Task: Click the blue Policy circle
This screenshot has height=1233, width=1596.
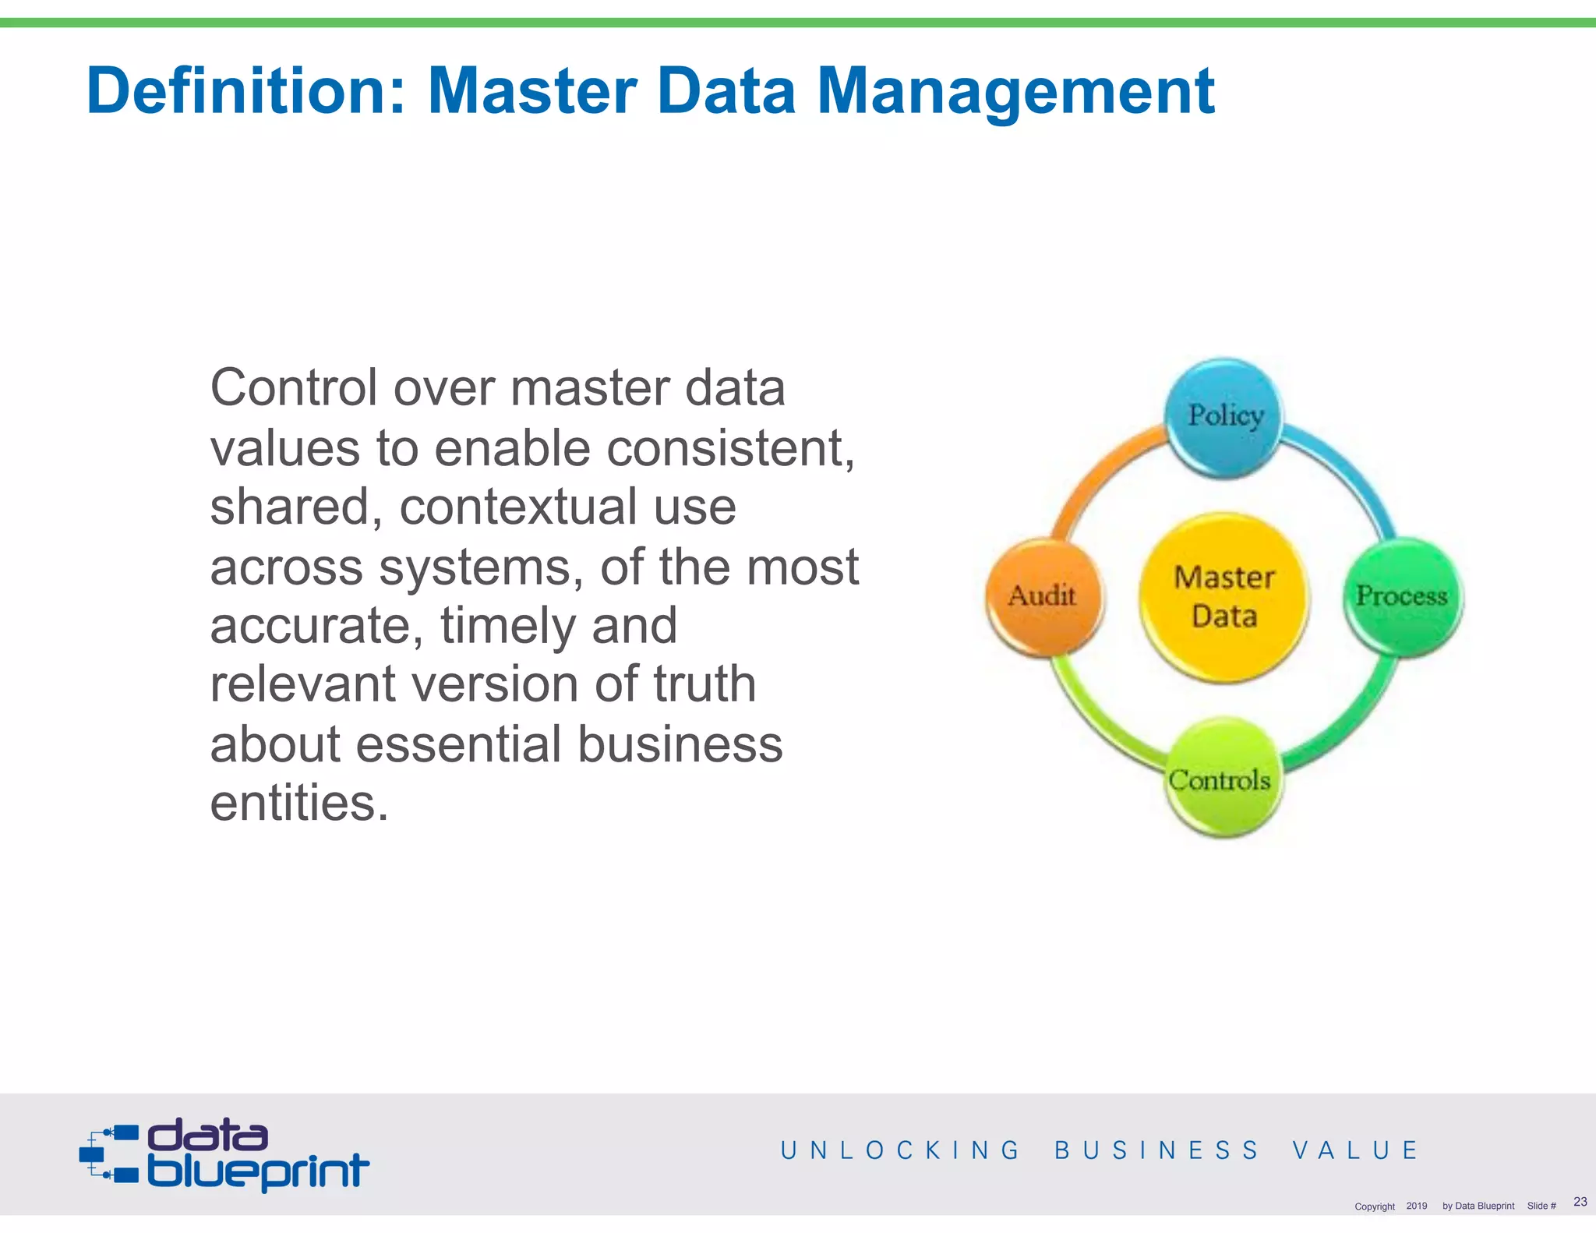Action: click(x=1223, y=418)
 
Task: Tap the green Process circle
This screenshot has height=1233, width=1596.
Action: click(x=1403, y=597)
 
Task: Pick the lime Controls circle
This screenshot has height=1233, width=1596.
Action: click(x=1222, y=778)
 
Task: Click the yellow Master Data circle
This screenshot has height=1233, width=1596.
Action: click(x=1223, y=597)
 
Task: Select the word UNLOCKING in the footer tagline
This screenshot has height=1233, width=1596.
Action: click(x=899, y=1150)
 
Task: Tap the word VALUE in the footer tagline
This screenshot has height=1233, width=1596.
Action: click(x=1355, y=1150)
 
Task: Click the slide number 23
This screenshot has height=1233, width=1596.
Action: click(x=1580, y=1202)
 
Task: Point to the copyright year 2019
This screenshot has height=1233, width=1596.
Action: click(x=1416, y=1206)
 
